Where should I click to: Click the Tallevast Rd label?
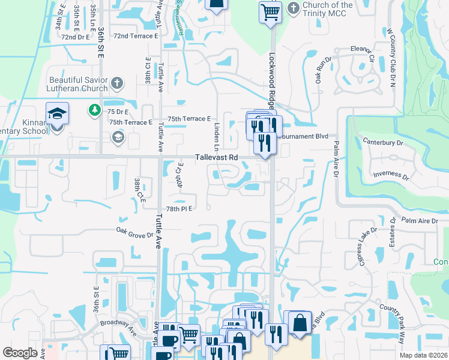pos(217,158)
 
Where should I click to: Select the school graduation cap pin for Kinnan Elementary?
pos(57,113)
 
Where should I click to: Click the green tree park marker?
pos(94,110)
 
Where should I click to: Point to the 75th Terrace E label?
pos(189,119)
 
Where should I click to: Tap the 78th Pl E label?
pos(178,208)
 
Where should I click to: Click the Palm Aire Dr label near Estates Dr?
pos(420,221)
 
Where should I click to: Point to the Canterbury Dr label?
pos(383,143)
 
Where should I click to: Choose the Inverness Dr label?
pos(391,177)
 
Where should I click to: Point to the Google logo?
pos(20,353)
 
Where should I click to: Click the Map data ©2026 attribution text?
pos(423,355)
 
